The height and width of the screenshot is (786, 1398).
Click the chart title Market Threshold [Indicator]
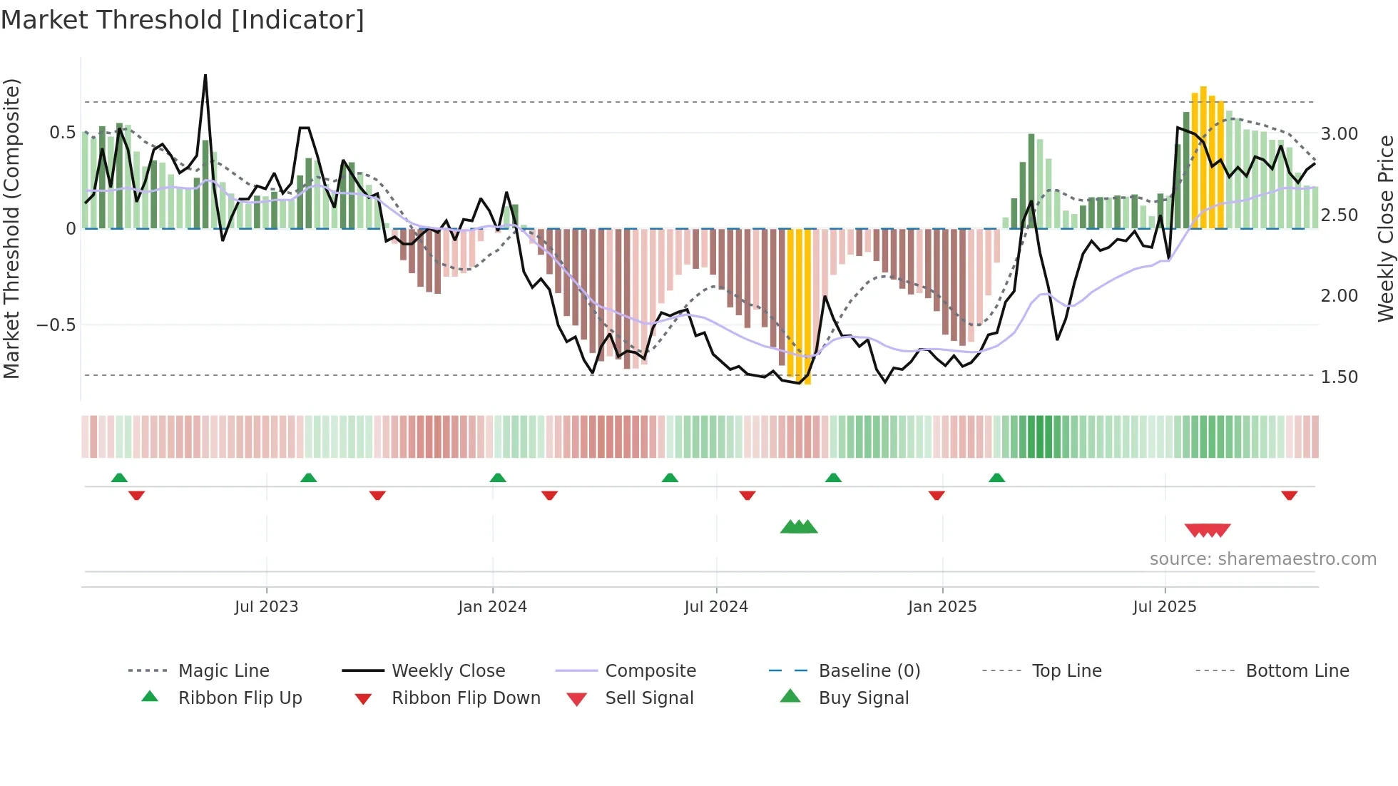tap(183, 20)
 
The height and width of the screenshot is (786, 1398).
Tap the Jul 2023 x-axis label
tap(266, 607)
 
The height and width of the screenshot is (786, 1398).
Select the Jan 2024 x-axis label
tap(492, 607)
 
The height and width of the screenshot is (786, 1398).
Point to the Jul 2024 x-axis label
tap(716, 607)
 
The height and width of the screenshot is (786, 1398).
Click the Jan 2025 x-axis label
tap(942, 607)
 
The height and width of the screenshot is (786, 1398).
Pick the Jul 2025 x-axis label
tap(1165, 607)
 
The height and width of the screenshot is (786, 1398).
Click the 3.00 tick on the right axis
tap(1340, 134)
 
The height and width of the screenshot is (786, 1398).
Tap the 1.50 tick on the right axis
tap(1340, 377)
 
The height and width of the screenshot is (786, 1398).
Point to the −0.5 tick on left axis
tap(56, 325)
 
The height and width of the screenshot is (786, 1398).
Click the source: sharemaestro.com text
tap(1262, 559)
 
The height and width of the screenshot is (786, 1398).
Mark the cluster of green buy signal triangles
tap(799, 528)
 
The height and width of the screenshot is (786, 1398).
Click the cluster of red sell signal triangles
tap(1208, 531)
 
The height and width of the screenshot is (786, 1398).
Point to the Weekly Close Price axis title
tap(1385, 228)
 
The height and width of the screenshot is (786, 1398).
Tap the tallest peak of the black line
tap(205, 75)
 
